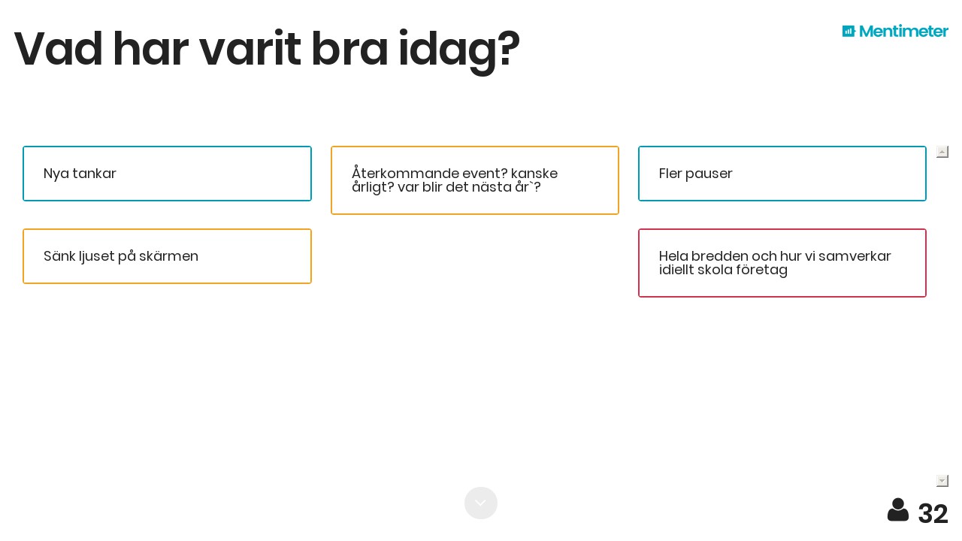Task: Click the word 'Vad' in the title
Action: [x=59, y=49]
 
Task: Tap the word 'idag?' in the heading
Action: [x=459, y=53]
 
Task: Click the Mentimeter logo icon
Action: [x=849, y=31]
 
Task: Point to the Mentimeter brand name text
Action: [x=903, y=31]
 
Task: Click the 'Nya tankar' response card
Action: [x=167, y=174]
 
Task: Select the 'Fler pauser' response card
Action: [x=782, y=174]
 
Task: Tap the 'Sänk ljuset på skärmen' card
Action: [x=167, y=256]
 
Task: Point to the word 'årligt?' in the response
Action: [x=373, y=188]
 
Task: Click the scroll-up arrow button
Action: [x=942, y=152]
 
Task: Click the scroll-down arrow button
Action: [x=942, y=481]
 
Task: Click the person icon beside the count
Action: [x=898, y=510]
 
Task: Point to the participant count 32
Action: [x=933, y=513]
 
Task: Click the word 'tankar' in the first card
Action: [x=94, y=174]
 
